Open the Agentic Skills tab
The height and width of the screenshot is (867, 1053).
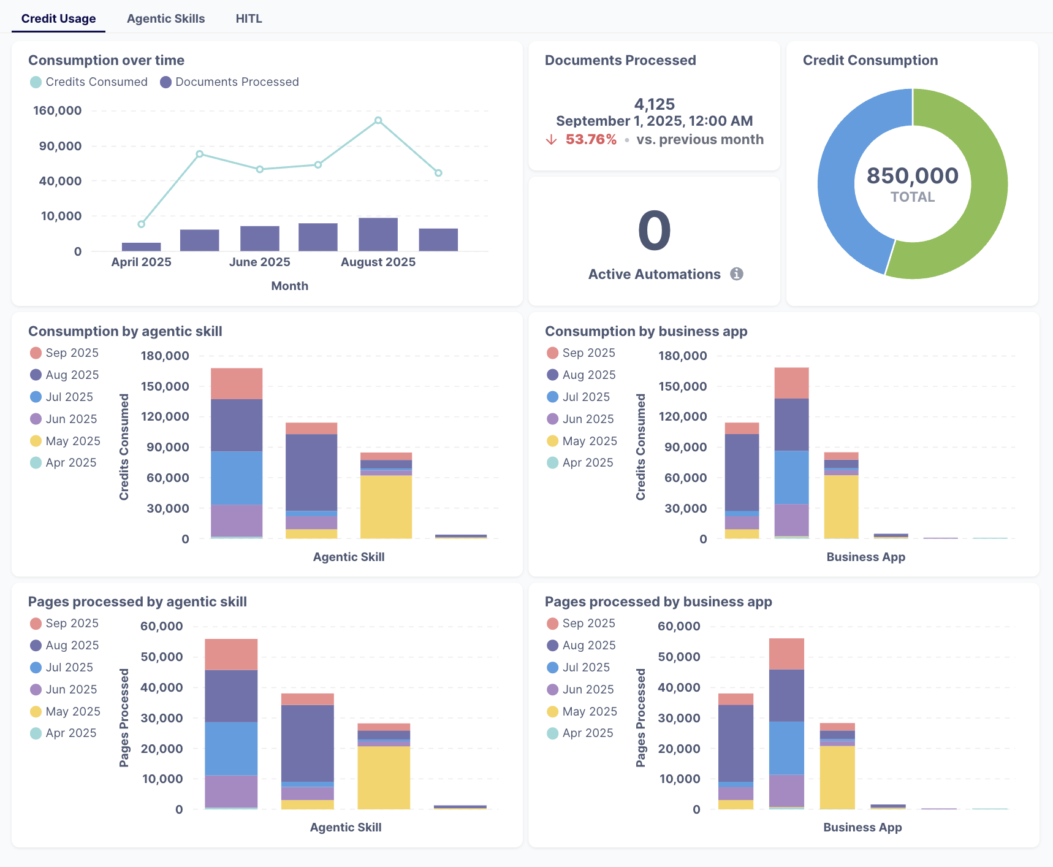pyautogui.click(x=165, y=18)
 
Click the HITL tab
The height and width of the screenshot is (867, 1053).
pyautogui.click(x=249, y=18)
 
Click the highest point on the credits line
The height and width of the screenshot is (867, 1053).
pyautogui.click(x=378, y=121)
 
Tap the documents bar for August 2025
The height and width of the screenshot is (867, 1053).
pyautogui.click(x=378, y=234)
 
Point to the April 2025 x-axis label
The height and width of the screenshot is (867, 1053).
pyautogui.click(x=141, y=262)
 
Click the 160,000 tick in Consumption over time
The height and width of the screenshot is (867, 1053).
pyautogui.click(x=57, y=111)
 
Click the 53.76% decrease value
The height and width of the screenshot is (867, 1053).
pyautogui.click(x=590, y=140)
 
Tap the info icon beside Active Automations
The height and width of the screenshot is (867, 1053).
pyautogui.click(x=737, y=274)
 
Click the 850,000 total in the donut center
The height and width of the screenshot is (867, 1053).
pyautogui.click(x=912, y=176)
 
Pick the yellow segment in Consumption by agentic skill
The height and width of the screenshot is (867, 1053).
pyautogui.click(x=386, y=507)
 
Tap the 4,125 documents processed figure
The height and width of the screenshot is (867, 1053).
pyautogui.click(x=654, y=104)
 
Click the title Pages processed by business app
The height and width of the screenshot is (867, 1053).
pyautogui.click(x=658, y=602)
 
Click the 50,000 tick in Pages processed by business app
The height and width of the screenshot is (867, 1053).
pyautogui.click(x=679, y=657)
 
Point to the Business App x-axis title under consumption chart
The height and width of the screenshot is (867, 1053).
pyautogui.click(x=865, y=557)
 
